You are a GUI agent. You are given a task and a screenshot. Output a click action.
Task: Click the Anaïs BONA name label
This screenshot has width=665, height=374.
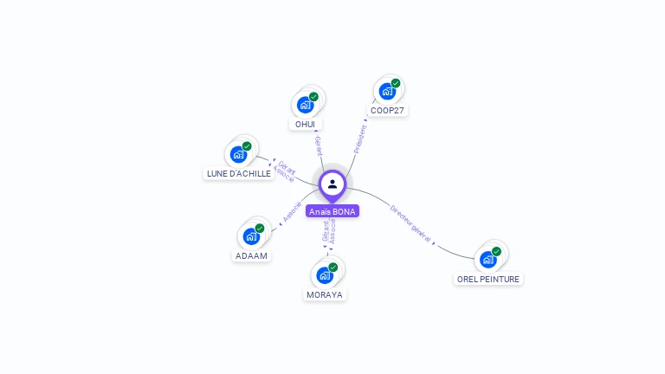(x=332, y=211)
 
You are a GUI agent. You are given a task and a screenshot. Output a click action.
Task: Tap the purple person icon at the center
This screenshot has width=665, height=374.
(x=332, y=184)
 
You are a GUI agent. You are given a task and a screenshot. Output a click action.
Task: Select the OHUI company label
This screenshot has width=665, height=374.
(x=305, y=124)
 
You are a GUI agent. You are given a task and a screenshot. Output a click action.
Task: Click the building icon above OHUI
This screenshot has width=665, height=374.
(x=305, y=105)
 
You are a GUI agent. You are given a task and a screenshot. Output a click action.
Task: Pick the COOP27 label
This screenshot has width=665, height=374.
(x=387, y=111)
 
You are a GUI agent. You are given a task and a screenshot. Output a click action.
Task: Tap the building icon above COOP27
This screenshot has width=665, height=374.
(x=387, y=91)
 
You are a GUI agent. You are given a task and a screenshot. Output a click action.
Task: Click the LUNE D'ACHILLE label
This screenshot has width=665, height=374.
(x=238, y=173)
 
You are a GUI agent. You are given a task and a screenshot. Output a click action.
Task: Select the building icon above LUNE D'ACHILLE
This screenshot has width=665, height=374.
(x=238, y=154)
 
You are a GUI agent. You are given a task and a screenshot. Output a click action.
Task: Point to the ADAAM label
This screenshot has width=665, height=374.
(x=251, y=255)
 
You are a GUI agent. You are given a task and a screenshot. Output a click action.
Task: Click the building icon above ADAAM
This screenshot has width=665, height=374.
(x=251, y=235)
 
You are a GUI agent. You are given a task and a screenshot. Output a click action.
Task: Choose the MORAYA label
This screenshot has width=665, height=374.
(x=325, y=294)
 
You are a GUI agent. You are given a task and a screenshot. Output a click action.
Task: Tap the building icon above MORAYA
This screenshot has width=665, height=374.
(x=325, y=274)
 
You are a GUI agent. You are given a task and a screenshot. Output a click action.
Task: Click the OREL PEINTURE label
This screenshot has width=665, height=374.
(x=488, y=279)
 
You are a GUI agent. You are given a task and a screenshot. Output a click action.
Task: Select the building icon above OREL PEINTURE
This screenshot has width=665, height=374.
(x=488, y=259)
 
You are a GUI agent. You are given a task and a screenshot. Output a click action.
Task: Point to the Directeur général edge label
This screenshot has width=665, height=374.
(x=410, y=222)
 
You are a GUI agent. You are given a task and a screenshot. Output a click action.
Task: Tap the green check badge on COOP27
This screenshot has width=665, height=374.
(x=396, y=83)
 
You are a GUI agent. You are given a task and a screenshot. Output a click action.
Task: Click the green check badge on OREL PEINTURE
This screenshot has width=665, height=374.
(x=497, y=251)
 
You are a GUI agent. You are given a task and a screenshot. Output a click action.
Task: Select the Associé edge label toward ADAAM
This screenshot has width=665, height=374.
(x=292, y=212)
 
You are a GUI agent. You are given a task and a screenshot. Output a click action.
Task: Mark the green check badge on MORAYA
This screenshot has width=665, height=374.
(x=333, y=267)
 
